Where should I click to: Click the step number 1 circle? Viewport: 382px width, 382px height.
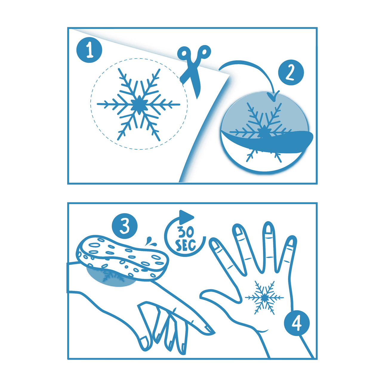tap(89, 50)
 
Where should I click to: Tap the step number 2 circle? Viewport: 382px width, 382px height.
tap(291, 72)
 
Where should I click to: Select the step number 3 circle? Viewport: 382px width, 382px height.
tap(125, 226)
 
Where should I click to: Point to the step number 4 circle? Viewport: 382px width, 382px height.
tap(297, 323)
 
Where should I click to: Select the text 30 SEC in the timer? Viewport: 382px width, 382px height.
tap(185, 239)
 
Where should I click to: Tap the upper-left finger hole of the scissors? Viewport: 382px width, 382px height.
tap(184, 53)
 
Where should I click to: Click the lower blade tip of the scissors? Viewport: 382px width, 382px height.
tap(197, 98)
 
